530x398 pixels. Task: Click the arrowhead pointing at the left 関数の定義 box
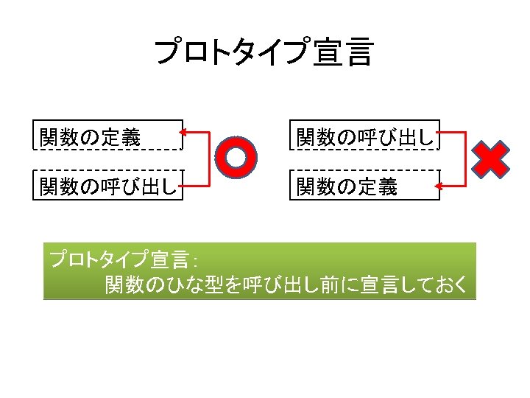click(185, 133)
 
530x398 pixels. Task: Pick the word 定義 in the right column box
click(378, 188)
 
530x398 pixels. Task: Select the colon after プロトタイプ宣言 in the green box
click(192, 262)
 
